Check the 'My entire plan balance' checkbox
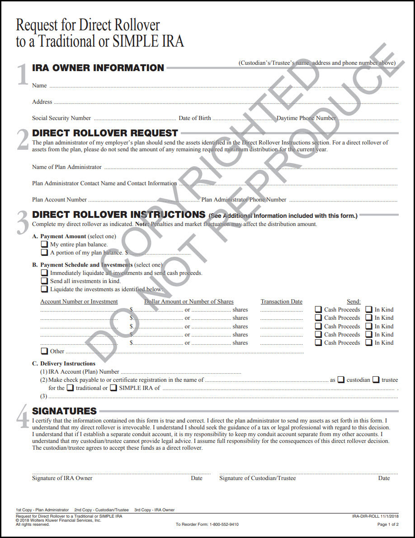[44, 245]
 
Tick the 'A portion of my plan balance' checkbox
[44, 253]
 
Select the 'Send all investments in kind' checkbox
[44, 281]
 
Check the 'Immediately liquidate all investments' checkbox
[44, 273]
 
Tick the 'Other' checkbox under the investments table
[44, 351]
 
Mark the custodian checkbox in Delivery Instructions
[341, 380]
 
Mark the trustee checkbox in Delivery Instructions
[376, 380]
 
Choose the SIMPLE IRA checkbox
[113, 388]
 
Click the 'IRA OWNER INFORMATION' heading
[98, 68]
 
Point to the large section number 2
[23, 140]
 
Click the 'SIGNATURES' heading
[65, 411]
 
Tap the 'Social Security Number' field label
[61, 118]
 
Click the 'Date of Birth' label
[195, 118]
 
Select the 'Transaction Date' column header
[282, 302]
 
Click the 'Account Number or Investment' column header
[79, 302]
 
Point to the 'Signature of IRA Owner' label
[62, 478]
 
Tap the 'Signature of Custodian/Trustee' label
[258, 478]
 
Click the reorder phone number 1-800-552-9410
[224, 524]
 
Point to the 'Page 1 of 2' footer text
[388, 524]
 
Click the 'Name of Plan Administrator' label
[67, 167]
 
